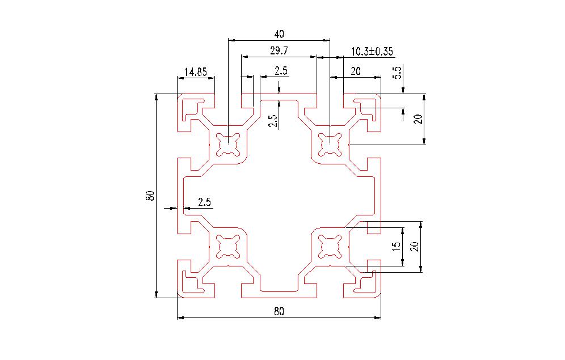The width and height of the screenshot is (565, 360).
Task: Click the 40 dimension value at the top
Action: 279,33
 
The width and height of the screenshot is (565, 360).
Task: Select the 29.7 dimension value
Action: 279,51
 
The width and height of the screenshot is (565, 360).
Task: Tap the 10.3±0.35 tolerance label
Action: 372,52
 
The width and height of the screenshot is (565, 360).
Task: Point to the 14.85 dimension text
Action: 196,72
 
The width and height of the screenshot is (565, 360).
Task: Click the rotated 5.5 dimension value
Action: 397,73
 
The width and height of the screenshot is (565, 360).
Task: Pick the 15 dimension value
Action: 397,246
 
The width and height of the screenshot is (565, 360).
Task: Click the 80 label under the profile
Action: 279,311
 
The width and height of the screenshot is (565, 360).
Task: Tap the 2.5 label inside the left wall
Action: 204,202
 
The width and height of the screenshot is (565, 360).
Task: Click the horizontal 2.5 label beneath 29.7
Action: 281,71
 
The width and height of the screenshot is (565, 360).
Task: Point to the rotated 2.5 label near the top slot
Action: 273,121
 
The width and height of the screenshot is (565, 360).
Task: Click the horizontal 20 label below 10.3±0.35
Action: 356,71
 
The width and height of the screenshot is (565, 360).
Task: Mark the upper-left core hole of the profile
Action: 228,143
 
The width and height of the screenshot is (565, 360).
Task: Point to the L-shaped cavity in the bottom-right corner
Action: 369,283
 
